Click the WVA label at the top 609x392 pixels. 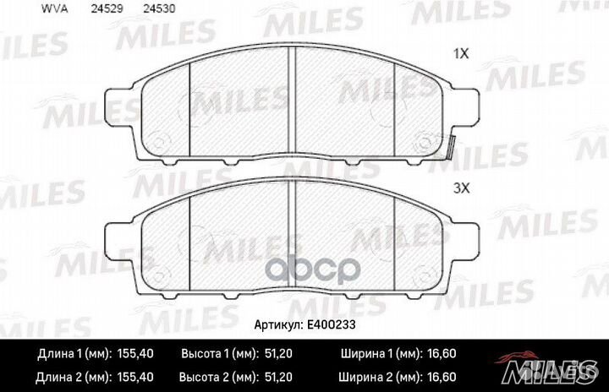(54, 9)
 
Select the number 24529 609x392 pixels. (107, 9)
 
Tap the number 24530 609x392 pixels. (159, 9)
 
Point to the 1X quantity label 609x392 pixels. (462, 54)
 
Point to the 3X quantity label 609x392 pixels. (462, 188)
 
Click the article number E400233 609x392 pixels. (332, 324)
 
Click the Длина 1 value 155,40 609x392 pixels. (135, 354)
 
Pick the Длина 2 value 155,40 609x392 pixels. (135, 377)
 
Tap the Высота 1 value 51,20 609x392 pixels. (278, 354)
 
